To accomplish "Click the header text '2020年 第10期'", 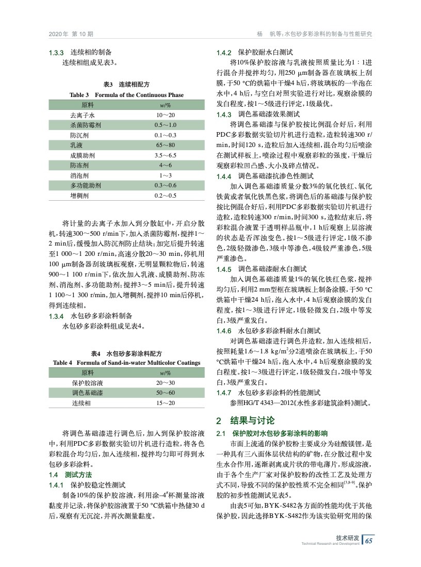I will (x=71, y=34).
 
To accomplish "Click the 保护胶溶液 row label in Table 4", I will (x=88, y=383).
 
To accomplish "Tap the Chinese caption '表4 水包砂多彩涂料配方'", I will (x=126, y=354).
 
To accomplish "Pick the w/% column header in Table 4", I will (x=165, y=373).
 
